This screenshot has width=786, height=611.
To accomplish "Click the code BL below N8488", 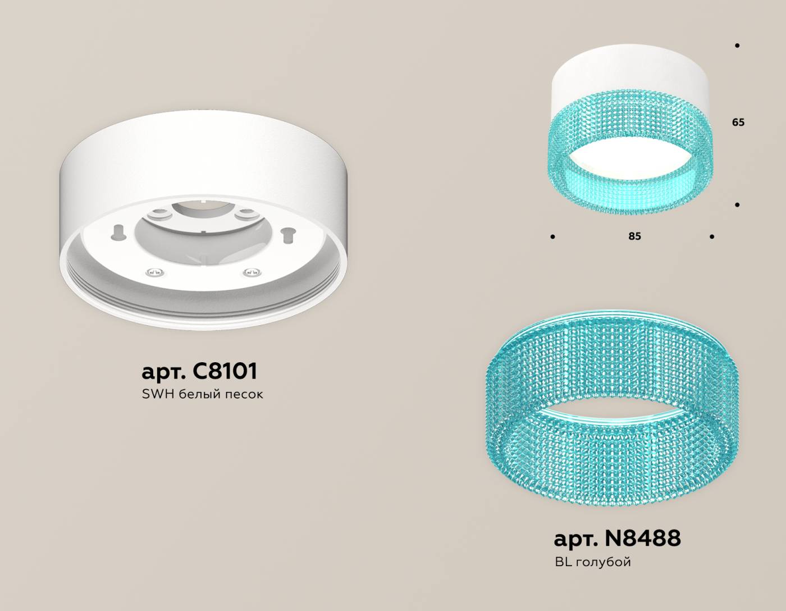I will [563, 562].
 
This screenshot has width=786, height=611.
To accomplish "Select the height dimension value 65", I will [738, 122].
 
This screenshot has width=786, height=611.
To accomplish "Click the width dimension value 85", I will [634, 236].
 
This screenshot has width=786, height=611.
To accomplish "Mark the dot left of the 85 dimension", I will [553, 237].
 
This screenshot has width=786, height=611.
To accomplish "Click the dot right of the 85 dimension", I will [712, 237].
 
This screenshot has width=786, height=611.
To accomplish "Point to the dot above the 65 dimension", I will [737, 45].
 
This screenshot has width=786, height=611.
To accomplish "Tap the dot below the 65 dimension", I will [737, 205].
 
